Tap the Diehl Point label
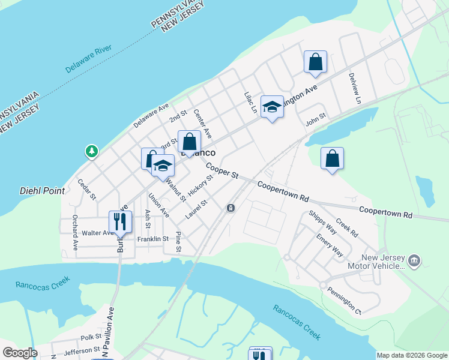tap(38, 190)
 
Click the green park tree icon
tap(92, 151)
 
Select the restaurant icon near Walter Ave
tap(120, 221)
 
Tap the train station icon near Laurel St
tap(231, 208)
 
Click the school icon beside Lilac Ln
tap(272, 107)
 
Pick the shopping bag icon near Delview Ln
tap(315, 62)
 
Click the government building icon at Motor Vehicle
tap(414, 261)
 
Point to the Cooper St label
tap(223, 170)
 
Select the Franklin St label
tap(152, 239)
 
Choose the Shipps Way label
tap(322, 221)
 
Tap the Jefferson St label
tap(82, 350)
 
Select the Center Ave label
tap(203, 123)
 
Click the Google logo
tap(20, 353)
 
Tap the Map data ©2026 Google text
tap(412, 355)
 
